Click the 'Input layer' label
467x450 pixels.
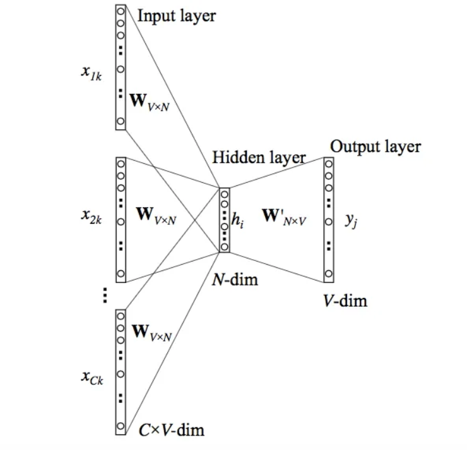click(x=176, y=16)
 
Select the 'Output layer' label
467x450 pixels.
click(x=375, y=146)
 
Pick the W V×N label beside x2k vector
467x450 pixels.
click(x=156, y=214)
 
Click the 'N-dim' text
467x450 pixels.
click(x=235, y=279)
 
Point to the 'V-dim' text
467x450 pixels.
click(x=345, y=301)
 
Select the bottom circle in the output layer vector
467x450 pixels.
click(x=328, y=274)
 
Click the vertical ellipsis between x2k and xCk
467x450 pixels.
click(x=105, y=294)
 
